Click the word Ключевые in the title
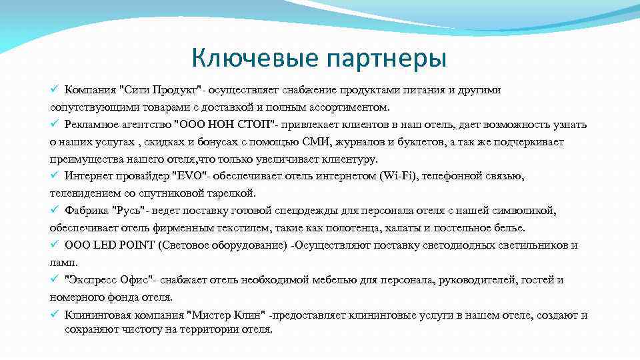254,59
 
